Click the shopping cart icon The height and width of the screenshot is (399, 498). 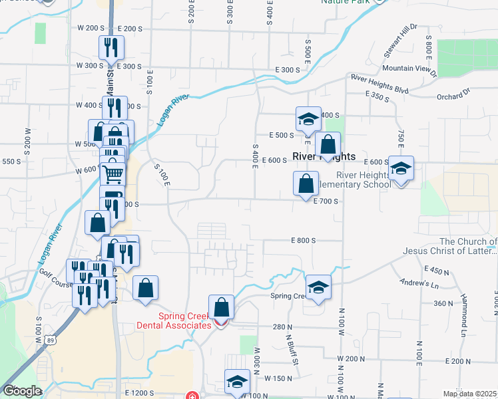click(113, 174)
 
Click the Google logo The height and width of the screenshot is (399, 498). click(21, 391)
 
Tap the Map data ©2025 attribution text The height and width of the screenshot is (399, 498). click(469, 394)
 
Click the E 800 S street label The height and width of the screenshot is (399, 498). click(302, 240)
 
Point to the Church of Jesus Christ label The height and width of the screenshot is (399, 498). click(450, 246)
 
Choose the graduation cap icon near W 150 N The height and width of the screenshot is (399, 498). click(236, 382)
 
